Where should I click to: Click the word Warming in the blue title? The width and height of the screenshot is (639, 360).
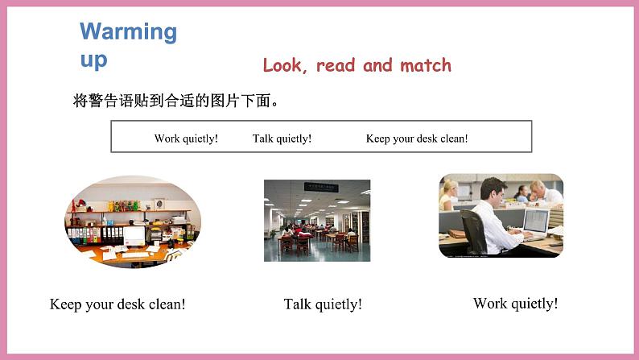click(x=129, y=31)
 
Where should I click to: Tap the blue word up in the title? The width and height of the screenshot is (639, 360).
click(x=93, y=60)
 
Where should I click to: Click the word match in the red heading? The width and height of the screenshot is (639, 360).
click(x=426, y=65)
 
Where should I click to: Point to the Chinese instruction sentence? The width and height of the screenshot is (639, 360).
click(x=175, y=101)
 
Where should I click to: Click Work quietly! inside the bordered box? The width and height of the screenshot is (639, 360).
click(x=186, y=139)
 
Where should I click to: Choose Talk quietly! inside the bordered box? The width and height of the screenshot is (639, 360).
click(x=282, y=139)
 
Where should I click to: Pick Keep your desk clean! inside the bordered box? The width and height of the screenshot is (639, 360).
click(x=417, y=139)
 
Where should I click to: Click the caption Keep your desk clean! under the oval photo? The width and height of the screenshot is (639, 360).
click(x=117, y=304)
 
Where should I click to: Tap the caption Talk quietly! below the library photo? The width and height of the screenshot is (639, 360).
click(x=323, y=304)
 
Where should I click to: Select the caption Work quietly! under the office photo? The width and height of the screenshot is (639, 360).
click(x=516, y=304)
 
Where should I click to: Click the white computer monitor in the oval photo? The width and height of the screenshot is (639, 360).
click(x=134, y=237)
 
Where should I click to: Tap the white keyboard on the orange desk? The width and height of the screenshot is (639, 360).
click(x=135, y=254)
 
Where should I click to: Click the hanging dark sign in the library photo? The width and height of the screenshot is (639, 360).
click(x=321, y=187)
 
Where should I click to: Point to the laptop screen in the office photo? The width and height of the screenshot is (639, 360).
click(x=536, y=221)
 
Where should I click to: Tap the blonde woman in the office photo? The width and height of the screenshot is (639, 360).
click(x=447, y=194)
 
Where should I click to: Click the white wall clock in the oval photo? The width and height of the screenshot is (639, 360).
click(x=159, y=204)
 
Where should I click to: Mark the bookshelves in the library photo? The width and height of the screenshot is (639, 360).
click(x=356, y=226)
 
